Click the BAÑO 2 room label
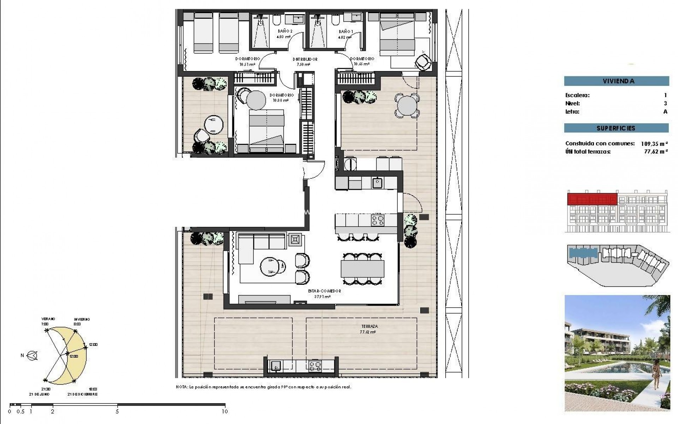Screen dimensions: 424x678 [x=285, y=31]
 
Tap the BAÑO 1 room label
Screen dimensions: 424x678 [x=345, y=31]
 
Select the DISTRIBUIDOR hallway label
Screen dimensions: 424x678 [x=305, y=59]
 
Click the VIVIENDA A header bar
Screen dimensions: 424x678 [x=616, y=81]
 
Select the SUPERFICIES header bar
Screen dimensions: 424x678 [x=616, y=128]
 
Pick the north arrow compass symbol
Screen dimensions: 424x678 [x=33, y=356]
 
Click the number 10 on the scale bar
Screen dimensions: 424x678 [x=225, y=411]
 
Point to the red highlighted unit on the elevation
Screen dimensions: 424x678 [x=592, y=199]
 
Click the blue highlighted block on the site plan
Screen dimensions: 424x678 [x=583, y=253]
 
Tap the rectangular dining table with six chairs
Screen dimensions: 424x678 [x=362, y=269]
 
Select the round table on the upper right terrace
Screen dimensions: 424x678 [x=407, y=105]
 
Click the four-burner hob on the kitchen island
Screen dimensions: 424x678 [x=377, y=220]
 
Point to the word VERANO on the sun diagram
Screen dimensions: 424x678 [x=48, y=319]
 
